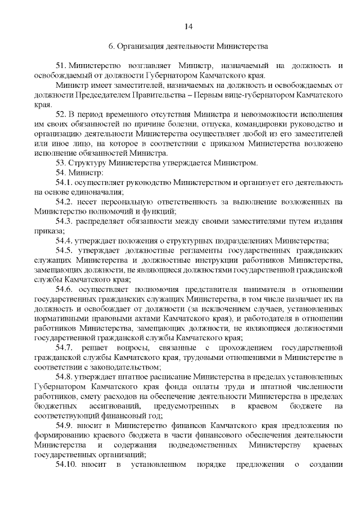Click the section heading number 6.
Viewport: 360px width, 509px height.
111,47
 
